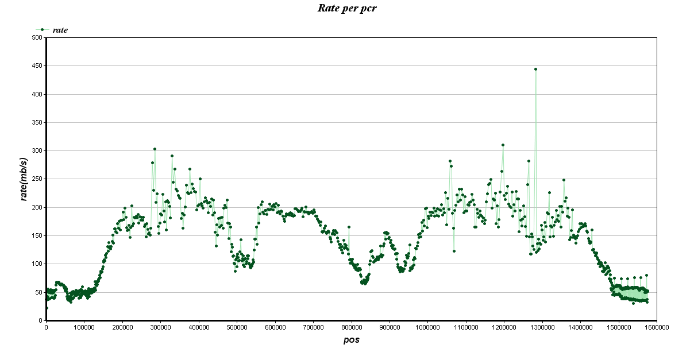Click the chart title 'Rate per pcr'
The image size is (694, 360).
point(347,8)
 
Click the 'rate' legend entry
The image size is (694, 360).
point(60,30)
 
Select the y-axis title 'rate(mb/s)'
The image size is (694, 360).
point(24,179)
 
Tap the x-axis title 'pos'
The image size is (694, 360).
point(351,339)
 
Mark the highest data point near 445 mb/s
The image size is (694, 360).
point(535,69)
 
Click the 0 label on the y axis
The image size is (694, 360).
point(41,320)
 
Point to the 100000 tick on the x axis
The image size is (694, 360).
point(84,327)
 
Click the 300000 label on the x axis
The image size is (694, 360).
point(160,327)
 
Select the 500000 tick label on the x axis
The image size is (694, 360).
point(237,327)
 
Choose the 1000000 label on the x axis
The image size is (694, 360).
point(427,327)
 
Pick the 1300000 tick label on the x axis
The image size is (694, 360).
point(542,327)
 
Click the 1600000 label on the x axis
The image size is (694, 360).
point(656,327)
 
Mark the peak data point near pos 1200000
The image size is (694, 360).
point(503,145)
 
